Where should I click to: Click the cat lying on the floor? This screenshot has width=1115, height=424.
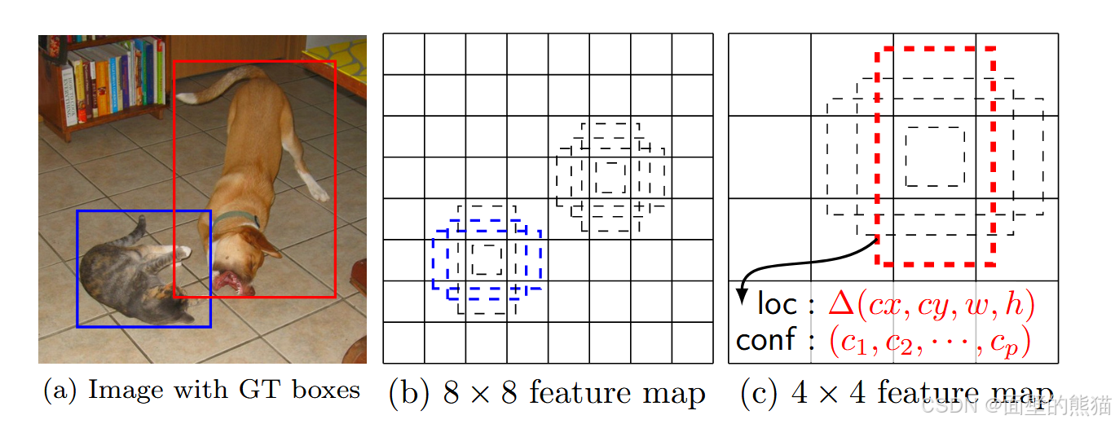click(134, 273)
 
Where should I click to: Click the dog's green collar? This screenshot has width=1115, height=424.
click(241, 218)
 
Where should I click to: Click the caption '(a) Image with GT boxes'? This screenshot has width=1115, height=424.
click(201, 390)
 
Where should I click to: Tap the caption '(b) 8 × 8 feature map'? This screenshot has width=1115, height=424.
click(547, 393)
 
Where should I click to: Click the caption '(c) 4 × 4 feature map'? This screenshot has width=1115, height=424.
click(897, 393)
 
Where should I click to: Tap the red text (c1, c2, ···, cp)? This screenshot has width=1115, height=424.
click(929, 341)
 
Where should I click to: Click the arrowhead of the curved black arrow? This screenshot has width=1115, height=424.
click(742, 298)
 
